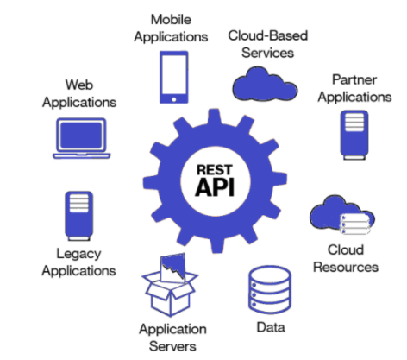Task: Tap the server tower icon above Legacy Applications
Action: [77, 217]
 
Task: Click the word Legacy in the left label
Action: [78, 253]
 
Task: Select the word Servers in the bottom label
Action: [172, 344]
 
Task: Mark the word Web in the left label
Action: [78, 85]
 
